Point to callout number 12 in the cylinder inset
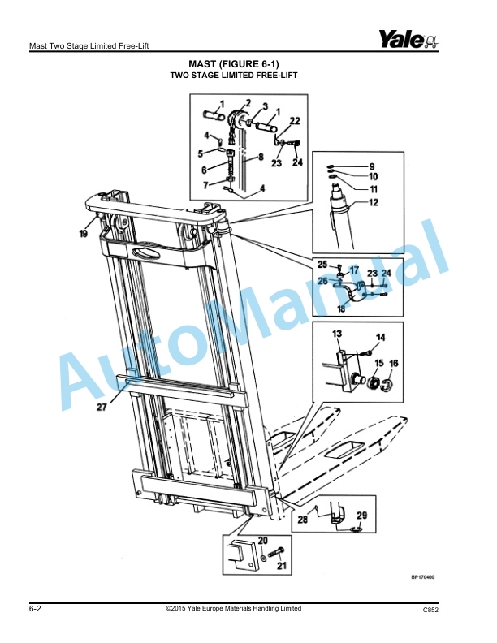click(374, 203)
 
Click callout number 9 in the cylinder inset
click(372, 166)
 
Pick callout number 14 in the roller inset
click(381, 337)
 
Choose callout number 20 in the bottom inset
click(263, 540)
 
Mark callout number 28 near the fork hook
click(302, 519)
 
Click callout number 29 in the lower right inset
click(361, 516)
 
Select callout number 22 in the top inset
click(295, 120)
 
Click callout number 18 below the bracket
click(340, 309)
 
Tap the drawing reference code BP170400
click(422, 577)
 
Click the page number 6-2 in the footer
click(36, 608)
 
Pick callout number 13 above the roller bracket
click(336, 334)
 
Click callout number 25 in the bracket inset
click(322, 265)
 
